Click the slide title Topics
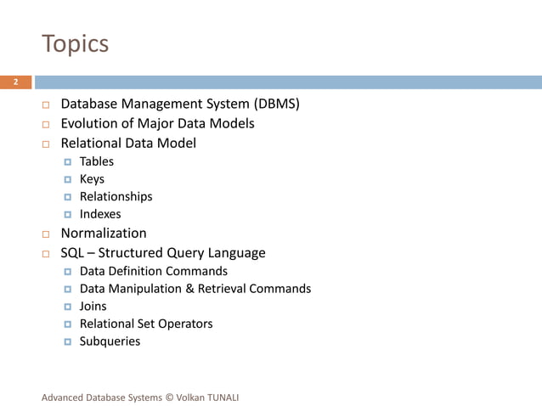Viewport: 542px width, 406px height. coord(75,43)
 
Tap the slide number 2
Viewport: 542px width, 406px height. coord(15,82)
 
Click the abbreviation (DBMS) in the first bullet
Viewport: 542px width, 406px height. coord(276,104)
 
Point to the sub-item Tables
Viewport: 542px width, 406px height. coord(96,161)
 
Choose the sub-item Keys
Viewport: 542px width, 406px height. coord(92,179)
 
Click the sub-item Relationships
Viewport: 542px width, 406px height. coord(116,196)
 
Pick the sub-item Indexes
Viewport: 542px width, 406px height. coord(100,214)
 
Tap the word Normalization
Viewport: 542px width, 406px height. coord(103,233)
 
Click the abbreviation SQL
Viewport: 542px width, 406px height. coord(73,253)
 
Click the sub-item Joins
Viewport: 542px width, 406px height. coord(93,307)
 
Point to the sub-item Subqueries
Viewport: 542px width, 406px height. coord(110,341)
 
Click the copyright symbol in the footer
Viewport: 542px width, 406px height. coord(169,397)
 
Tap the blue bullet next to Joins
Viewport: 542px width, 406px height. coord(69,307)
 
